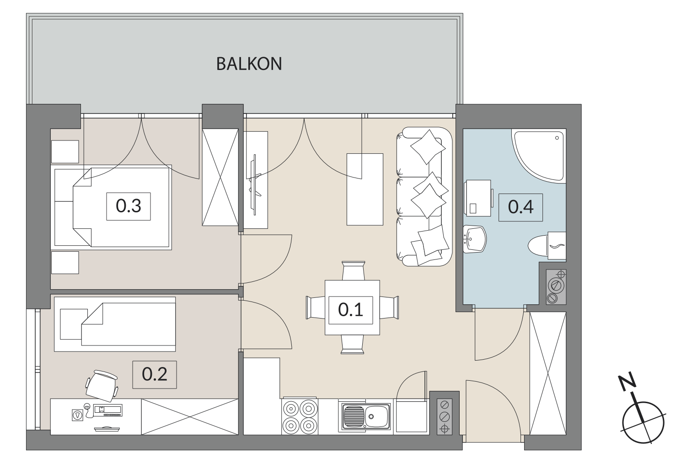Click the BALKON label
[x=249, y=64]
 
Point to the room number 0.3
[x=129, y=206]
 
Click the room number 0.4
[x=520, y=207]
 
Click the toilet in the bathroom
[x=547, y=246]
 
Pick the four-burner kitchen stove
[x=300, y=416]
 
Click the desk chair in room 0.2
[x=102, y=385]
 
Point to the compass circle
[x=644, y=422]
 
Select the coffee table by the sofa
[x=365, y=189]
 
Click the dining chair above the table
[x=354, y=271]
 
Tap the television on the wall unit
[x=255, y=184]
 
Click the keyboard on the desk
[x=108, y=410]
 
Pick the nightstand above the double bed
[x=65, y=152]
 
